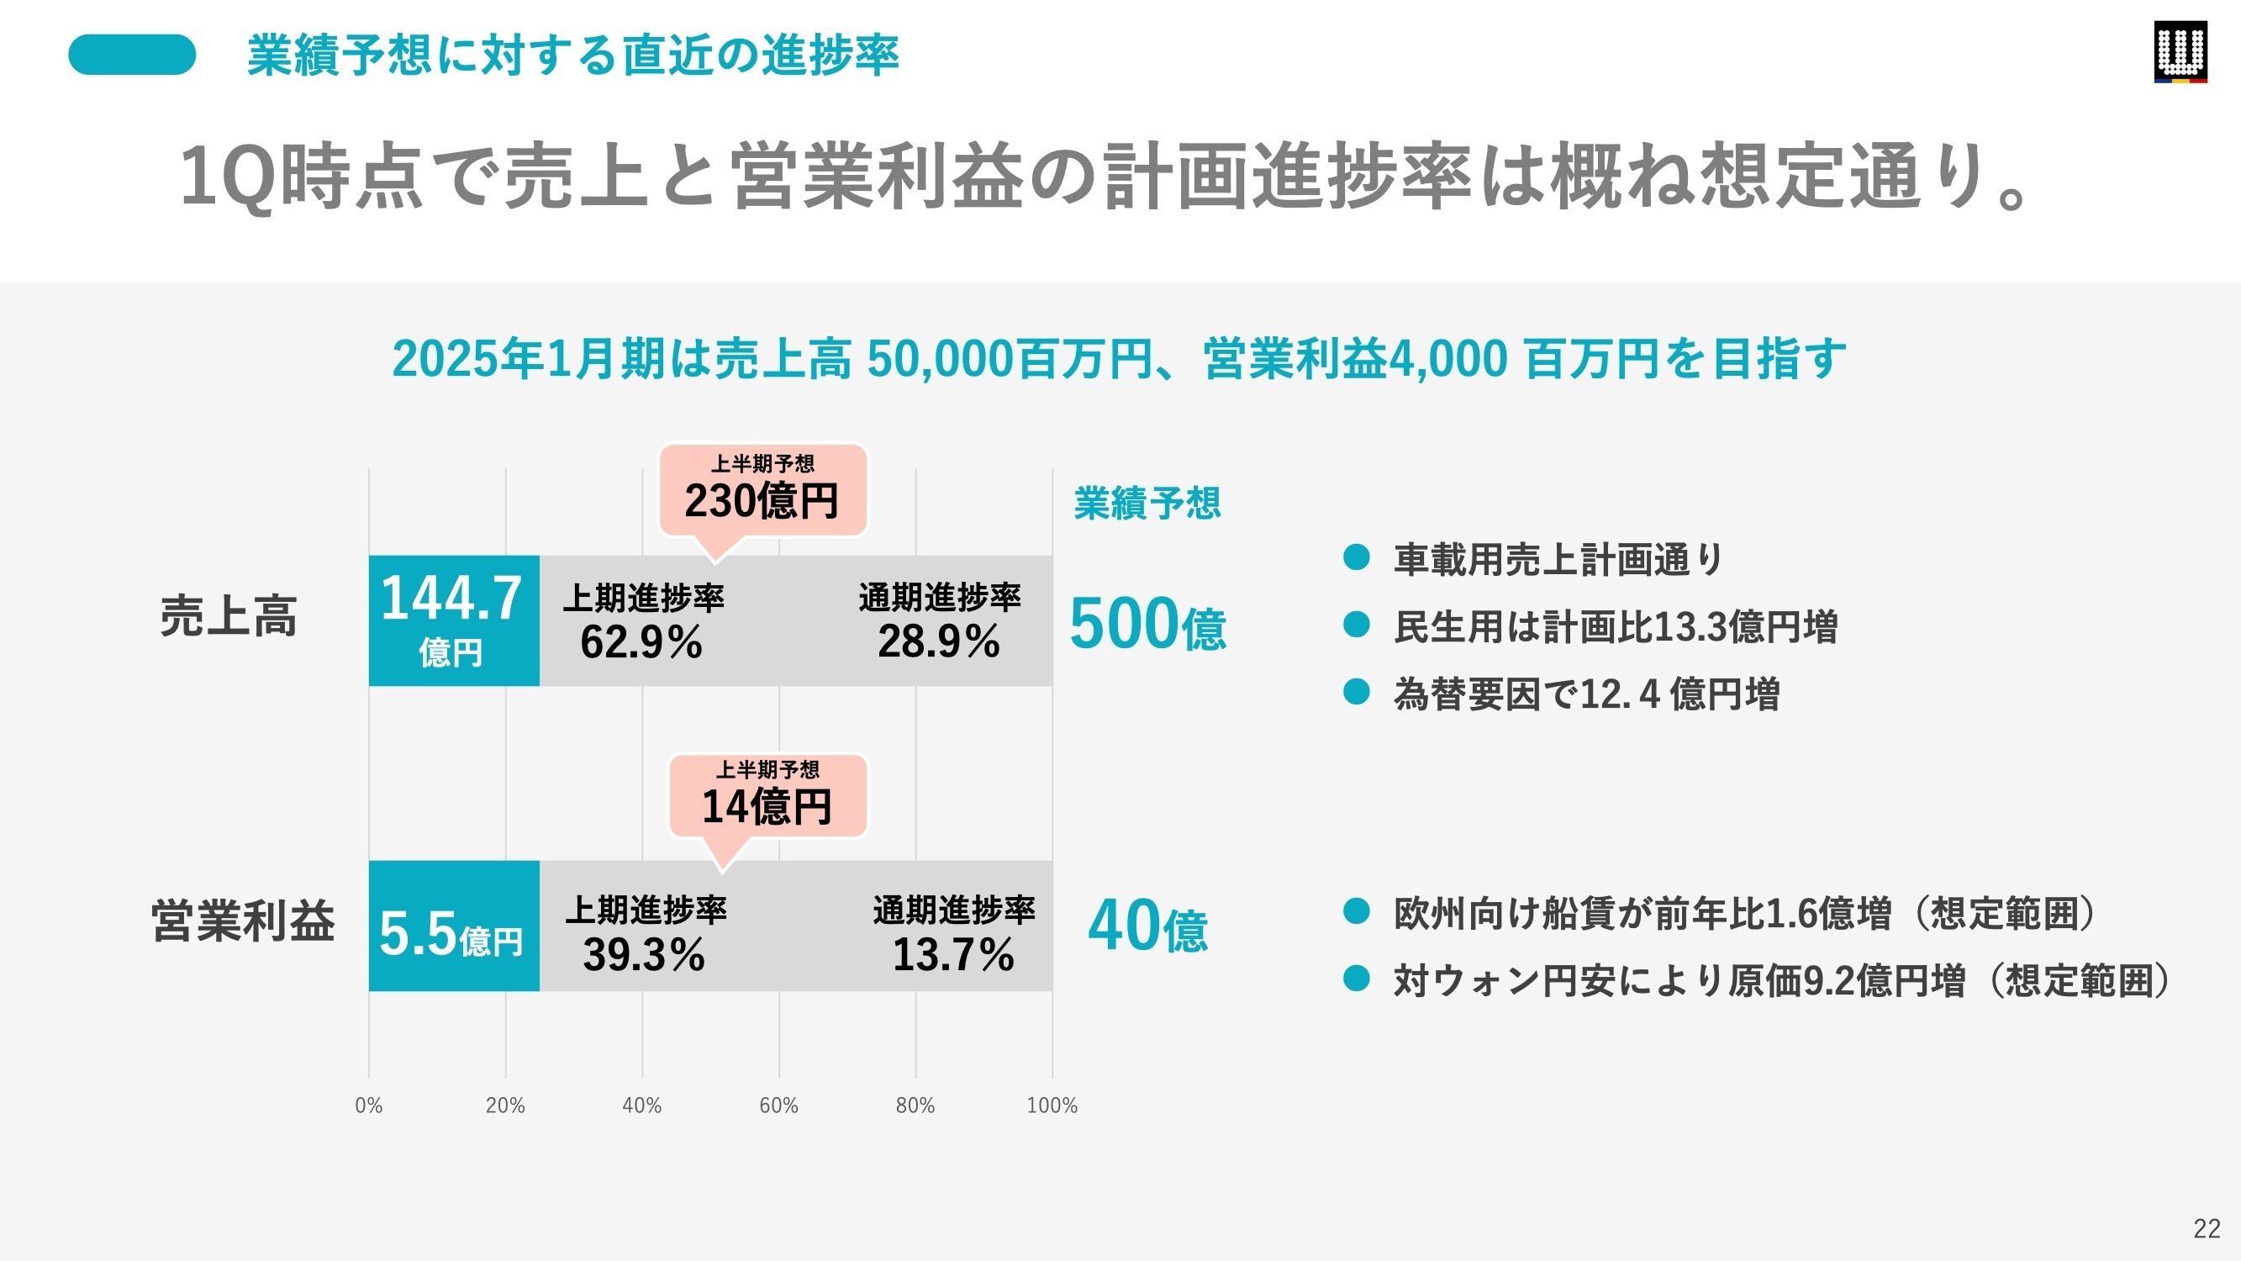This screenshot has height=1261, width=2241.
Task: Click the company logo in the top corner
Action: [2180, 52]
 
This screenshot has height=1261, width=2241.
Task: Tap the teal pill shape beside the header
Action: [132, 55]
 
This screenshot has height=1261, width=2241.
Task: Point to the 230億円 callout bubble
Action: [762, 491]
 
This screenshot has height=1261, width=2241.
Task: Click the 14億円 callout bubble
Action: [767, 796]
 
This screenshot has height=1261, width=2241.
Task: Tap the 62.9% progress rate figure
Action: [641, 642]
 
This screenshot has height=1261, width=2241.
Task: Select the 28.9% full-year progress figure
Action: [939, 642]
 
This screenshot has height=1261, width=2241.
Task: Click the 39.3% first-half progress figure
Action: [644, 955]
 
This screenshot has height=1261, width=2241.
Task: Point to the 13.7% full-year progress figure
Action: [953, 955]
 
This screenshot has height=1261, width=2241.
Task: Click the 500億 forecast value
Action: [1147, 624]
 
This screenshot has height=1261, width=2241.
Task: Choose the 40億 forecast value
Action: [1147, 926]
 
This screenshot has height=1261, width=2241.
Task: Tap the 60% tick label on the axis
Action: [778, 1105]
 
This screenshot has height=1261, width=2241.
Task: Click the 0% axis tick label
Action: [369, 1105]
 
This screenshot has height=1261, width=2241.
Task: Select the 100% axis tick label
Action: [1052, 1105]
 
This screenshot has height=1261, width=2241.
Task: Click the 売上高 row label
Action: [229, 616]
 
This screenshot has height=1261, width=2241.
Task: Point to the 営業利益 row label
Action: [243, 921]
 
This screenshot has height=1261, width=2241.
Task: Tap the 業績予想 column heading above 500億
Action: [1147, 504]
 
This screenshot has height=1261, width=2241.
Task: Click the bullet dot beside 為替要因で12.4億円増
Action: [1356, 692]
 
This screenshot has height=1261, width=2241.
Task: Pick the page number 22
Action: [2207, 1228]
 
